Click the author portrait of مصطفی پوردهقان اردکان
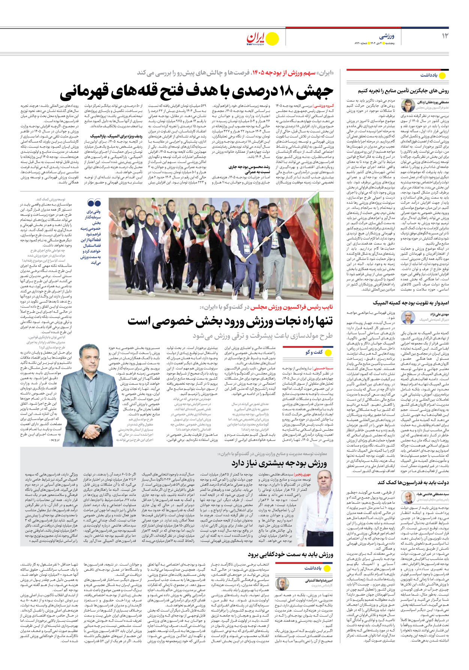click(408, 106)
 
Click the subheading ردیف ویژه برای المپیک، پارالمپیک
click(111, 136)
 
